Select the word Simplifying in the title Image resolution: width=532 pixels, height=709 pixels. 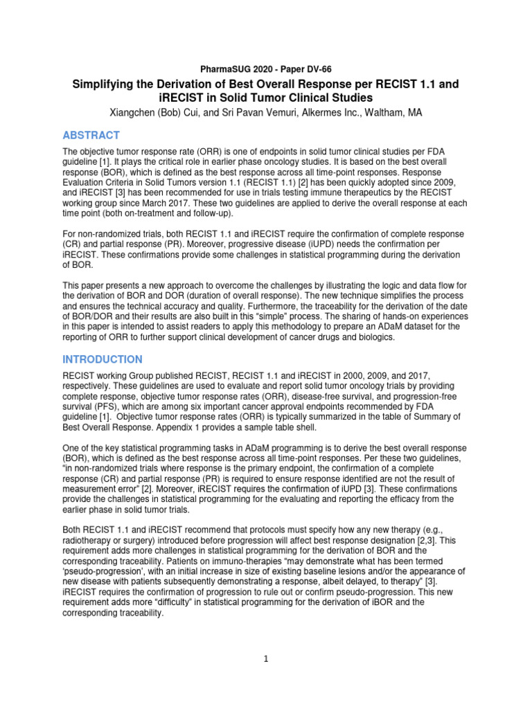[108, 84]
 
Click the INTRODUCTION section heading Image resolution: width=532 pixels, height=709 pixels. [103, 359]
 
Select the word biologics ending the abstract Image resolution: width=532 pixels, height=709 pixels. [374, 337]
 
